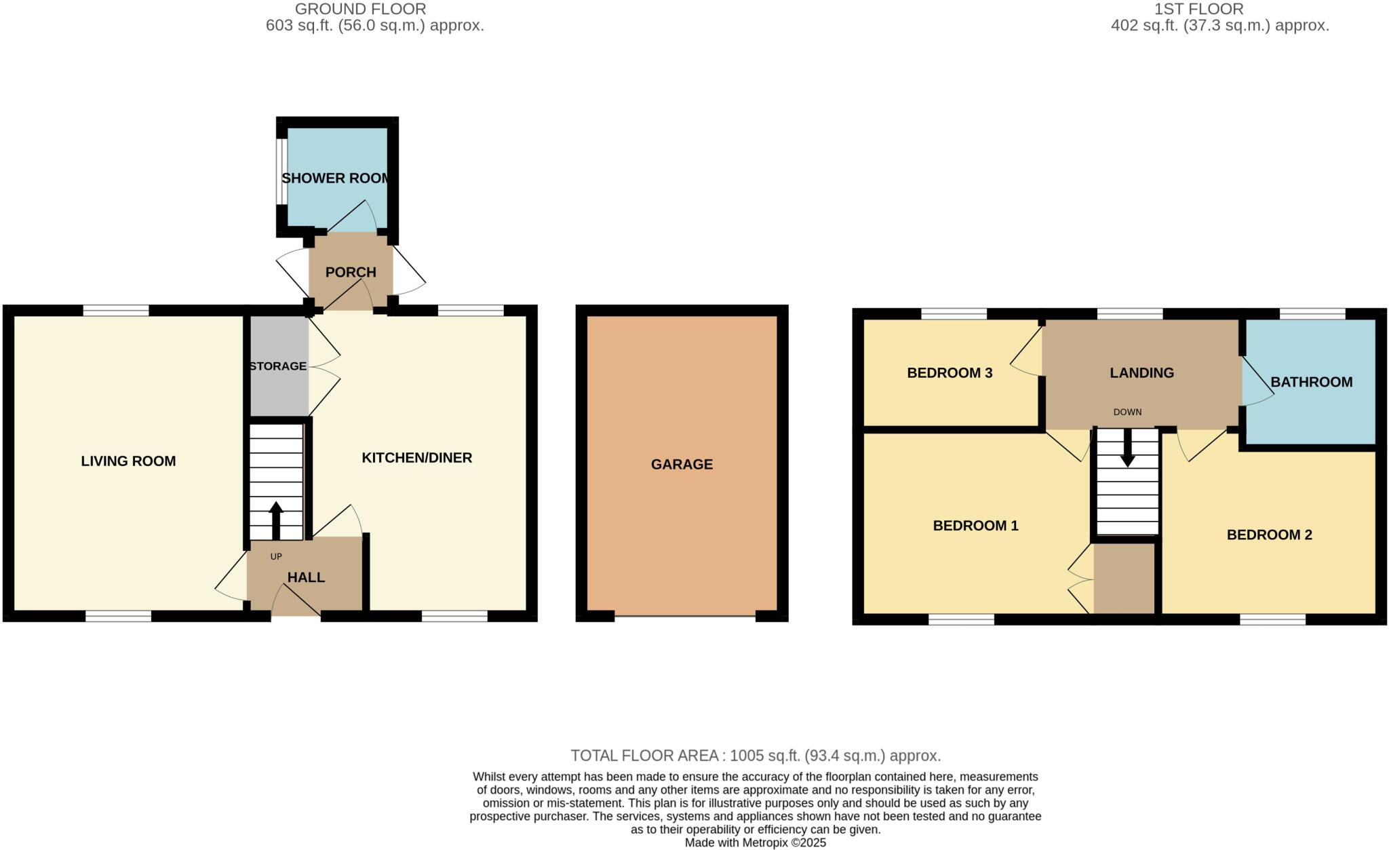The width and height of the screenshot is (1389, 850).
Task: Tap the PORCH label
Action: (x=351, y=272)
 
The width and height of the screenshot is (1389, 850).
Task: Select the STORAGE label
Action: (x=278, y=366)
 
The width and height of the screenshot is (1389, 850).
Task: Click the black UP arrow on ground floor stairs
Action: (x=276, y=520)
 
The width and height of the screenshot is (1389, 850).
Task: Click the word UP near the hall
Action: (x=276, y=557)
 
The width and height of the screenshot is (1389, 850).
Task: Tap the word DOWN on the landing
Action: (x=1127, y=412)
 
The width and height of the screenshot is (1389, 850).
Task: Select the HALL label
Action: (x=306, y=577)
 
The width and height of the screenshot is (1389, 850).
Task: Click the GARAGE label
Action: (x=682, y=465)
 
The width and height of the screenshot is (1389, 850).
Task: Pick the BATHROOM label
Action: (x=1311, y=382)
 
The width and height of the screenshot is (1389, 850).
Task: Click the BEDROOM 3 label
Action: (x=950, y=372)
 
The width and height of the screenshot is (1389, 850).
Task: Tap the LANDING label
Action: (x=1141, y=372)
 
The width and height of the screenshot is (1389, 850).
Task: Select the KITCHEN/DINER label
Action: (x=416, y=458)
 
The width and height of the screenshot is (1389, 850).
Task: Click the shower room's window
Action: (x=281, y=171)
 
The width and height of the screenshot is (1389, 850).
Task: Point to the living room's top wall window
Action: (x=116, y=311)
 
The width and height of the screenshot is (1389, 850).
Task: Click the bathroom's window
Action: (x=1312, y=313)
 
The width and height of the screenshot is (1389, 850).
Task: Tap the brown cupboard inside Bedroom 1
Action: (x=1124, y=579)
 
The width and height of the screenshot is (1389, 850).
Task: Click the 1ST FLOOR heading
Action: (x=1219, y=9)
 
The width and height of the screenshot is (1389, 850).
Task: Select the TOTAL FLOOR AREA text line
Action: (x=756, y=756)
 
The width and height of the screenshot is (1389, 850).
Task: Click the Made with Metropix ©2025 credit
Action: (x=756, y=843)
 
